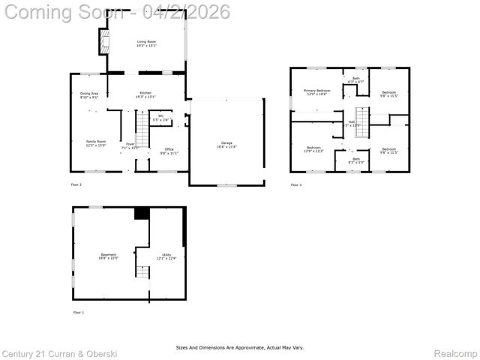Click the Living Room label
146,43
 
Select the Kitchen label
145,94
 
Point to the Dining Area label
89,94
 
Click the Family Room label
95,142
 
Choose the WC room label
160,117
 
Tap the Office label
169,151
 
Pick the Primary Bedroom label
316,92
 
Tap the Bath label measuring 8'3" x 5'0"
355,160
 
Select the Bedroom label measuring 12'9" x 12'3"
313,149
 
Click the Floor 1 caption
78,311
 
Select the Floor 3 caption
296,184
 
